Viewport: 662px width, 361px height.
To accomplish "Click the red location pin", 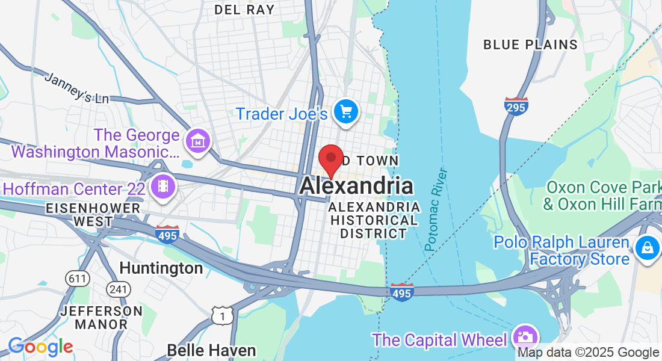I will click(x=330, y=159).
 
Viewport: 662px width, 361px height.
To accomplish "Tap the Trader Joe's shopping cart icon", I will click(x=345, y=111).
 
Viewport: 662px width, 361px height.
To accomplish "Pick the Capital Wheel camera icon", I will click(x=525, y=336).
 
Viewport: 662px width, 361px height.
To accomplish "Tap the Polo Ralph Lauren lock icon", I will click(x=647, y=247).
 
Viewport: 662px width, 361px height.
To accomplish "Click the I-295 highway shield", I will click(x=516, y=106).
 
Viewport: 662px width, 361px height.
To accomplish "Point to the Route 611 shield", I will click(x=78, y=279).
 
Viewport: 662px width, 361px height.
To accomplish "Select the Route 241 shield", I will click(x=119, y=289).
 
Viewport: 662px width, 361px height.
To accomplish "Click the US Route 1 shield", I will click(x=222, y=314).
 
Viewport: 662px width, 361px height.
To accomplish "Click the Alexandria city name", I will click(x=356, y=186).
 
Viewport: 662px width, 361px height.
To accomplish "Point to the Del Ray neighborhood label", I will click(x=244, y=10).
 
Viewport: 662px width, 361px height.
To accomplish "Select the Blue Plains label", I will click(x=531, y=45).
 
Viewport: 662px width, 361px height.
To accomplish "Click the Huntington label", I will click(x=161, y=267).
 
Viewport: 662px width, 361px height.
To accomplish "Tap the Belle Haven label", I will click(x=211, y=350).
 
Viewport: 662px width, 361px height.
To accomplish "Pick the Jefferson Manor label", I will click(x=102, y=318).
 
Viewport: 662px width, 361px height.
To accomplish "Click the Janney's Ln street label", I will click(x=76, y=88).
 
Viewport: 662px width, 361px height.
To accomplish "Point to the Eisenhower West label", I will click(x=93, y=215).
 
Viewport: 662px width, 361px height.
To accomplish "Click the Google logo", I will click(x=40, y=347).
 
